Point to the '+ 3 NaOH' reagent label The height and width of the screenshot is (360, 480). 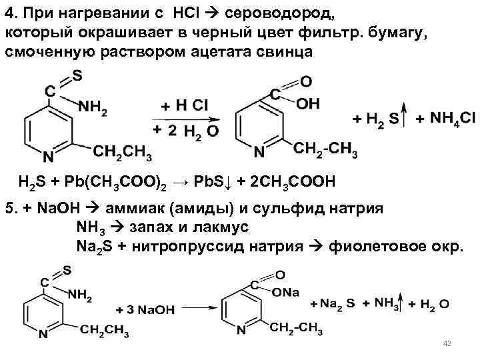[x=145, y=310]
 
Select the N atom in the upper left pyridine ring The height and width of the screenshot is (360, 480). [x=47, y=157]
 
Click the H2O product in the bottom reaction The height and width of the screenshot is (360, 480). [x=434, y=304]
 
